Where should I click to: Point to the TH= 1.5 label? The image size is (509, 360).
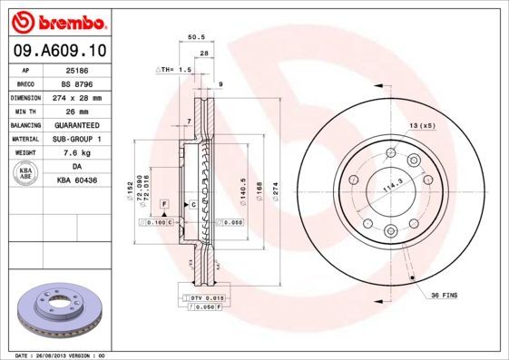click(x=175, y=70)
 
